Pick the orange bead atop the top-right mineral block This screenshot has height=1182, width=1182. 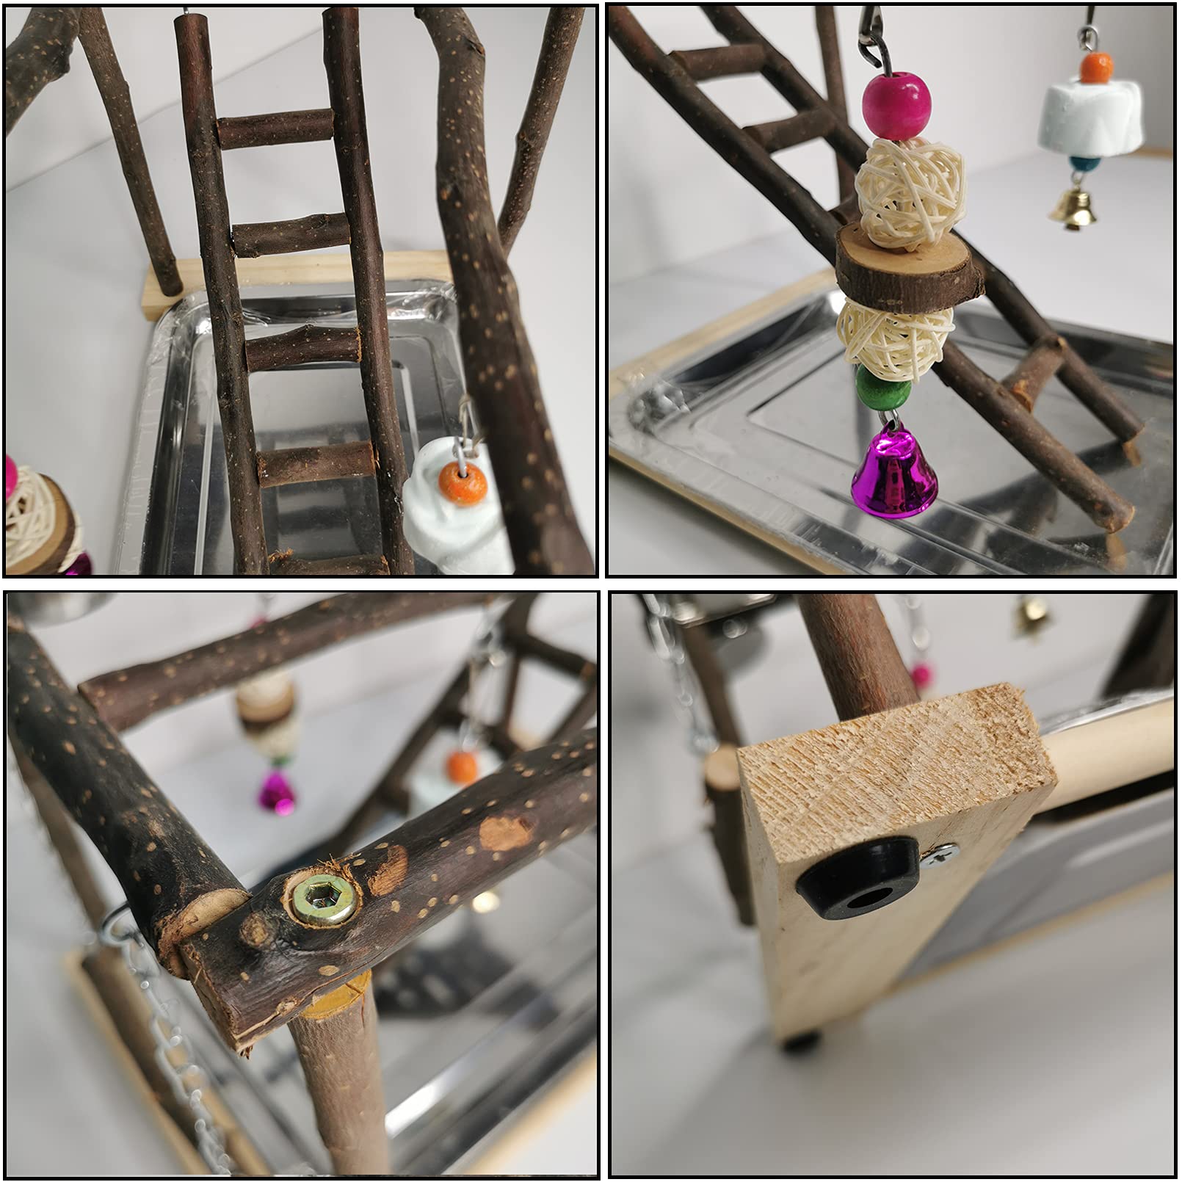[1096, 67]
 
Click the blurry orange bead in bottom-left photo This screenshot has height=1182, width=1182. [462, 766]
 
